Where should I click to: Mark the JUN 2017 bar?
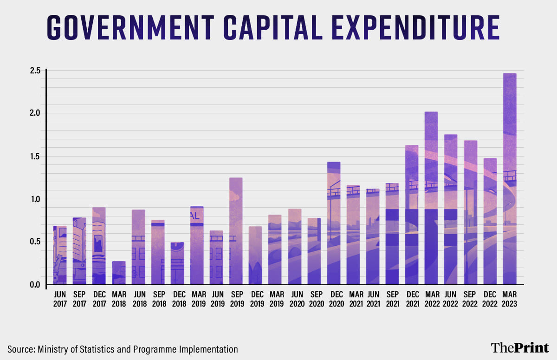coord(60,255)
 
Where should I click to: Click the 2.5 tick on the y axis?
coord(35,71)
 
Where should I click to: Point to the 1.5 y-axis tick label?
coord(35,156)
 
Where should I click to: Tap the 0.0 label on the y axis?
coord(35,285)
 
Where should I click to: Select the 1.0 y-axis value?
coord(35,199)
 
